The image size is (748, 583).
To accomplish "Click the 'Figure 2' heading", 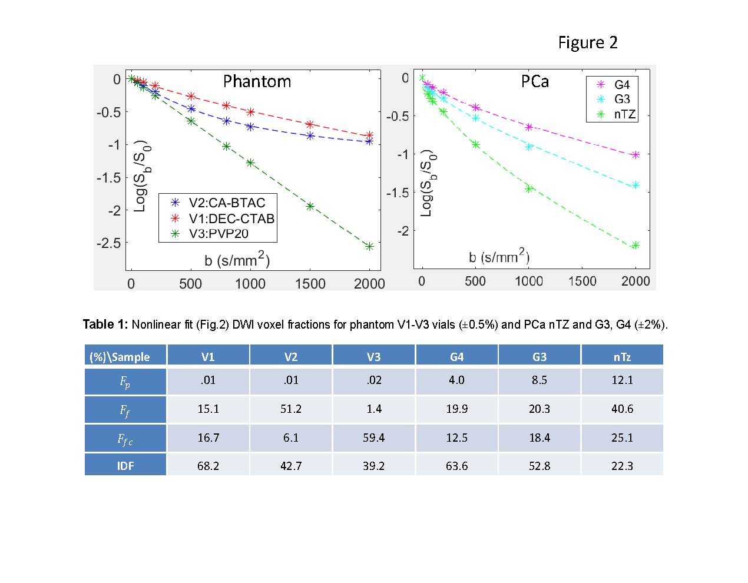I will pos(588,43).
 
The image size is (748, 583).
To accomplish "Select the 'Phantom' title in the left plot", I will pos(257,81).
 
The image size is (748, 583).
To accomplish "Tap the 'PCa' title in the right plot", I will pos(535,81).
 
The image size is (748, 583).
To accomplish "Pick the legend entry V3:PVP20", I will pos(219,233).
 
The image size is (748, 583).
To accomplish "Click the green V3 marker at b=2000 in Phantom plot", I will pos(369,247).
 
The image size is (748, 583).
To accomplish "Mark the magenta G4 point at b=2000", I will pos(636,155).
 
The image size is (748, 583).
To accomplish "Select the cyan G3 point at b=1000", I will pos(529,147).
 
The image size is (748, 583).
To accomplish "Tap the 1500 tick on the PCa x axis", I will pos(582,281).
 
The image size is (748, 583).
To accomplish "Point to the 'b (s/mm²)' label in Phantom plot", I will pos(237,260).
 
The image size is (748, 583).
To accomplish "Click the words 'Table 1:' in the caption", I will pos(105,324).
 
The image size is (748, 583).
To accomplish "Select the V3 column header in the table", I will pos(373,357).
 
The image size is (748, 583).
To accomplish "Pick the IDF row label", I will pos(125,466).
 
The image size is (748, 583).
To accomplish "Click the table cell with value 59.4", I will pos(373,438).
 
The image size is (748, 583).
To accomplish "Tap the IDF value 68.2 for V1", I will pos(208,466).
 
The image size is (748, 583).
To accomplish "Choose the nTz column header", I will pos(622,357).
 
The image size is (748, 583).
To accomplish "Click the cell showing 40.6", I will pos(622,409).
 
